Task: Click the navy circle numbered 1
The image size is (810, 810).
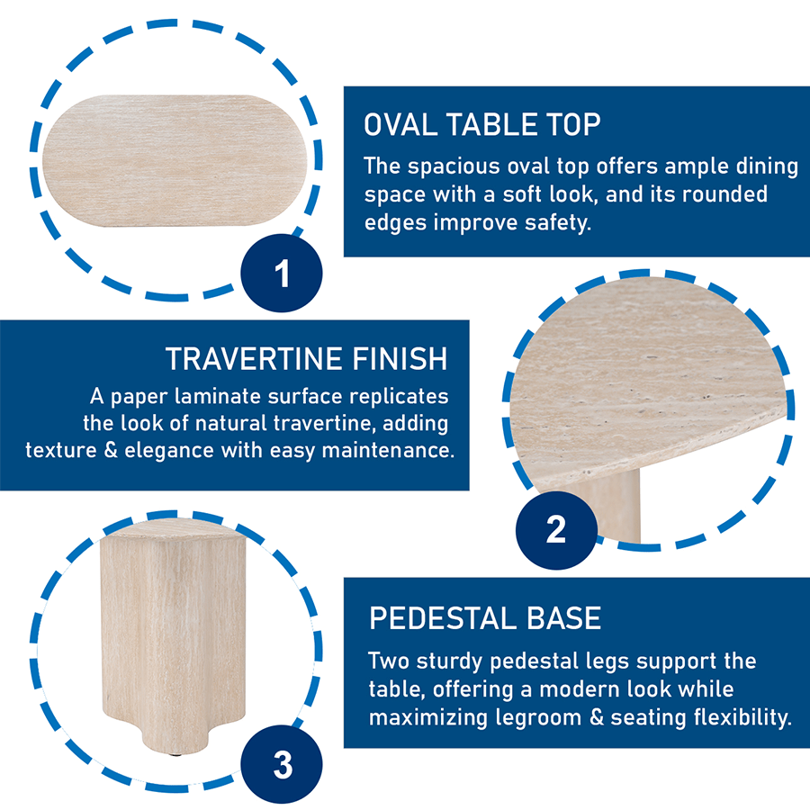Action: tap(282, 273)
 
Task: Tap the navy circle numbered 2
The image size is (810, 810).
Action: tap(555, 529)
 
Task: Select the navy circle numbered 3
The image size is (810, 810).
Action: tap(282, 766)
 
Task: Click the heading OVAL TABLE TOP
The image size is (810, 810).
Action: tap(481, 124)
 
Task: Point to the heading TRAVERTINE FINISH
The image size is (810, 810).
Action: tap(306, 358)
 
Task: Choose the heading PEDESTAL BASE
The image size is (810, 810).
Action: tap(485, 618)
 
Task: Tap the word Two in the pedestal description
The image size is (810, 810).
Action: tap(391, 661)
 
